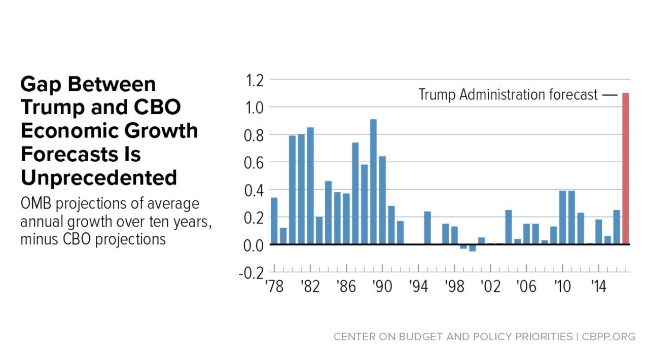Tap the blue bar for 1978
tap(274, 221)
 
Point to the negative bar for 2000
tap(473, 248)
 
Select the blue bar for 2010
tap(562, 218)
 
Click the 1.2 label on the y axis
tap(255, 80)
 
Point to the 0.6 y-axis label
tap(255, 162)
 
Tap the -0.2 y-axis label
tap(252, 273)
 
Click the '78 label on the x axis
tap(274, 286)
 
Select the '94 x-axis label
tap(418, 286)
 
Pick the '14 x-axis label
tap(598, 286)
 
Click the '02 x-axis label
tap(490, 286)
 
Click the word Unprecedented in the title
tap(99, 178)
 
